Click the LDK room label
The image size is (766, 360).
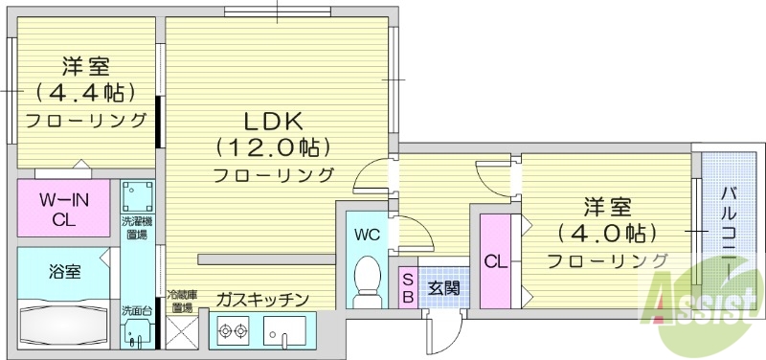pyautogui.click(x=273, y=122)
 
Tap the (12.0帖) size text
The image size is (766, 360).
pyautogui.click(x=273, y=148)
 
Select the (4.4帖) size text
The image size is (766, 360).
pyautogui.click(x=85, y=93)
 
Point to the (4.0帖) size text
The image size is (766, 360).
pyautogui.click(x=607, y=233)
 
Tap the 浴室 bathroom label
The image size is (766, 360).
pyautogui.click(x=65, y=271)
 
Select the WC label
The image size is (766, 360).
pyautogui.click(x=367, y=234)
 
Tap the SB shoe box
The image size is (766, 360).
pyautogui.click(x=407, y=286)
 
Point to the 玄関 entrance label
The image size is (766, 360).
pyautogui.click(x=442, y=286)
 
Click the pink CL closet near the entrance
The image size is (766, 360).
pyautogui.click(x=494, y=261)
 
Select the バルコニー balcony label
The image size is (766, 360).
pyautogui.click(x=732, y=229)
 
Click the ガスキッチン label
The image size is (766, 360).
pyautogui.click(x=261, y=301)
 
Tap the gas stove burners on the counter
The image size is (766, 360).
pyautogui.click(x=231, y=331)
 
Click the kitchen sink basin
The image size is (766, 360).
pyautogui.click(x=285, y=332)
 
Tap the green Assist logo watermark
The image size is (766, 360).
pyautogui.click(x=705, y=306)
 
